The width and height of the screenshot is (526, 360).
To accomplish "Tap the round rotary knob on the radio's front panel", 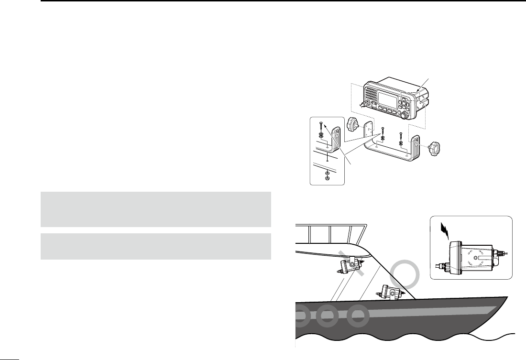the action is click(x=405, y=115).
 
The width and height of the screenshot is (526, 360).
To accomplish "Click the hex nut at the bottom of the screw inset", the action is click(x=327, y=178).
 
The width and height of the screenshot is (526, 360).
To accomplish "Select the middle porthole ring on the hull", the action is click(x=328, y=316).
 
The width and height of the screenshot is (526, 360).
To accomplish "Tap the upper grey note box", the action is click(x=156, y=209).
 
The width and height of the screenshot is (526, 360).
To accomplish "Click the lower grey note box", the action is click(x=156, y=246).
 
